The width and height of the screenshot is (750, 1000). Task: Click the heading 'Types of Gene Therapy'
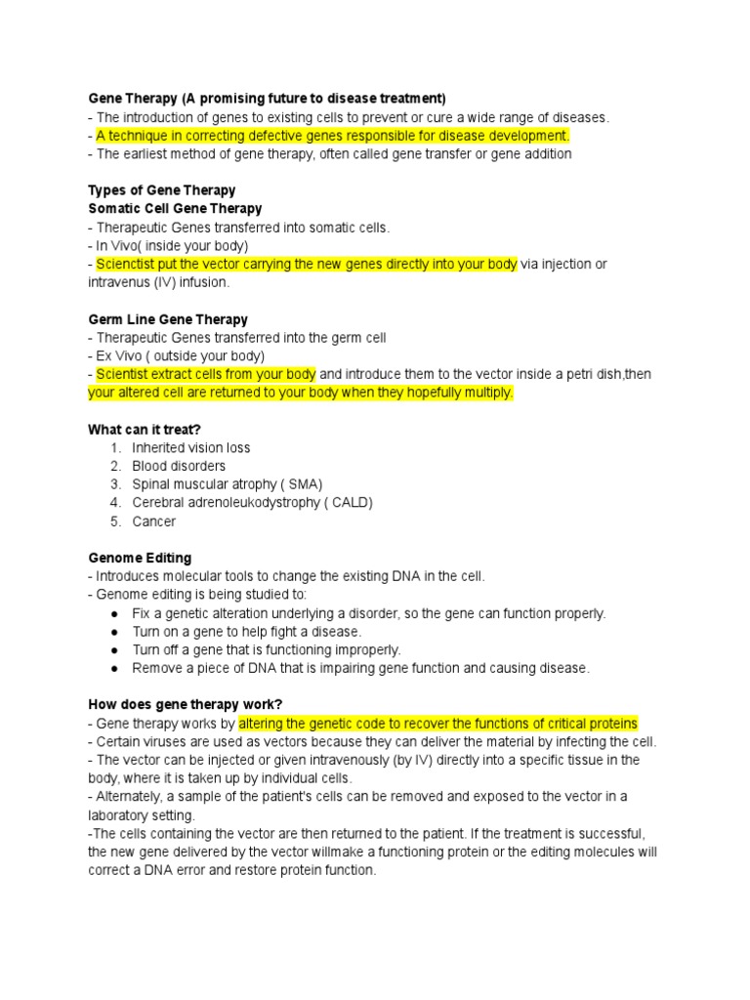click(161, 190)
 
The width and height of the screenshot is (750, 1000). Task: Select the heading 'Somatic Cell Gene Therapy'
click(175, 209)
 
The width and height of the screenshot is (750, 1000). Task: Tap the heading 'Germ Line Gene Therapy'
click(168, 319)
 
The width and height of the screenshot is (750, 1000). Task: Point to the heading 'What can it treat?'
click(144, 430)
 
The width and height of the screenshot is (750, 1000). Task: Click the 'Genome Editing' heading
click(140, 558)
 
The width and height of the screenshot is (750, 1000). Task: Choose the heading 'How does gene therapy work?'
click(185, 705)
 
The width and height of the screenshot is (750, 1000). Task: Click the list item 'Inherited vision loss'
click(191, 448)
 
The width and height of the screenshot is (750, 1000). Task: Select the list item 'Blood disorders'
click(179, 467)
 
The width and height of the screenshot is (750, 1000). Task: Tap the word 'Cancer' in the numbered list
click(154, 521)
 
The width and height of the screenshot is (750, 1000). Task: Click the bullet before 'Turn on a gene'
click(114, 632)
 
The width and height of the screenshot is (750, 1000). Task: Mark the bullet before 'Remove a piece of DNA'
click(114, 669)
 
